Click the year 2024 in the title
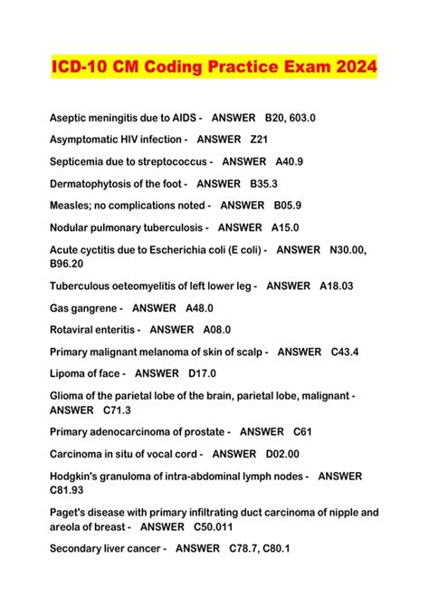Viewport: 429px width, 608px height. (348, 69)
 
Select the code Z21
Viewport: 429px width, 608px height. (260, 140)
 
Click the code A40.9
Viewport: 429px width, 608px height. (289, 161)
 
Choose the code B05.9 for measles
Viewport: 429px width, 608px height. (288, 206)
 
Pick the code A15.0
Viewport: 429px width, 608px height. (285, 227)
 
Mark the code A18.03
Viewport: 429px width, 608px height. (337, 285)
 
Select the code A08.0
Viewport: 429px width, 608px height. (217, 330)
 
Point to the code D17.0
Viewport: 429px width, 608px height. (202, 373)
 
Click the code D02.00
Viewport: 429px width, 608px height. (282, 453)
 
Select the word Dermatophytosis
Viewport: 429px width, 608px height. (95, 183)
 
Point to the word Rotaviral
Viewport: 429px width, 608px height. (73, 330)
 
